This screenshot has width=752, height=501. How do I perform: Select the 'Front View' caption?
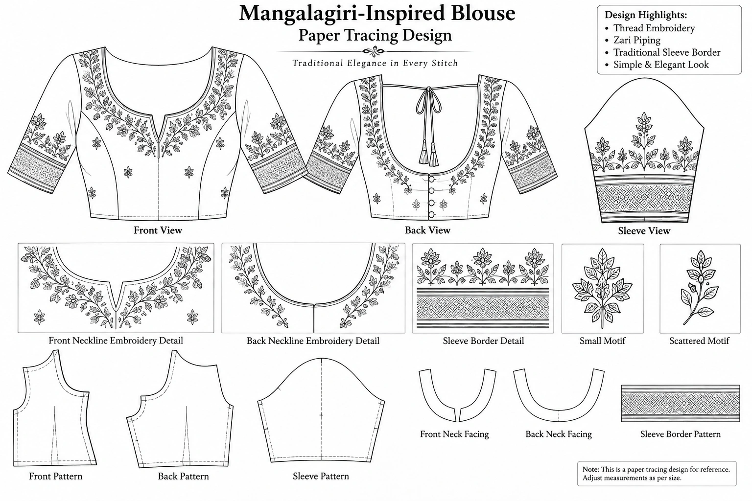click(x=158, y=230)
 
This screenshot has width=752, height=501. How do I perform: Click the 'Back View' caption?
click(x=427, y=230)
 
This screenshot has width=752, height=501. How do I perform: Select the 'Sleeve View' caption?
click(x=644, y=231)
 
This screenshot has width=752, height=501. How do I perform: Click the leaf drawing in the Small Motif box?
click(x=603, y=288)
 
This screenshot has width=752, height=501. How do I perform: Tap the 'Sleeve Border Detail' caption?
click(x=483, y=341)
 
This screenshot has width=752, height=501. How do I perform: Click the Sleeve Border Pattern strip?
click(x=681, y=403)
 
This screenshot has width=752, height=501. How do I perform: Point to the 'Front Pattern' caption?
click(x=55, y=476)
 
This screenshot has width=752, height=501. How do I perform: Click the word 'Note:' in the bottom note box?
click(x=591, y=470)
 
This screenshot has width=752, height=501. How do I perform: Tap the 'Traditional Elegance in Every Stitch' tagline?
click(x=375, y=63)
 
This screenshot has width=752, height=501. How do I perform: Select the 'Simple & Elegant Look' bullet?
click(x=661, y=65)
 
